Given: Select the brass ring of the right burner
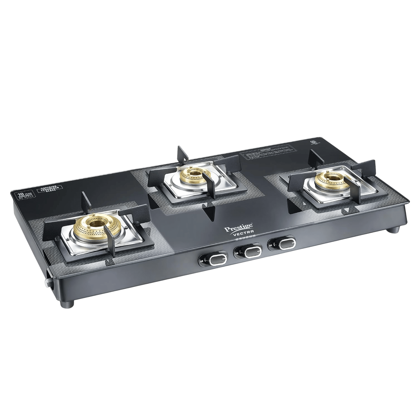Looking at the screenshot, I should [328, 181].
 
